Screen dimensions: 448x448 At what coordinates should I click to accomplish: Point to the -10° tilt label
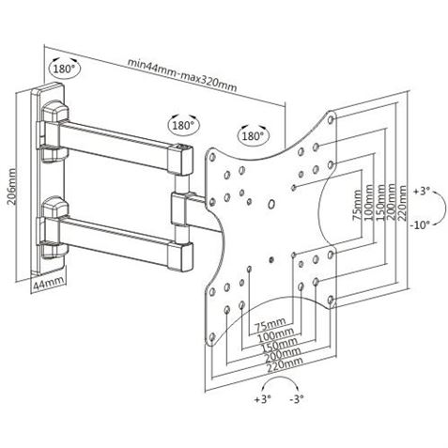(419, 224)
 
